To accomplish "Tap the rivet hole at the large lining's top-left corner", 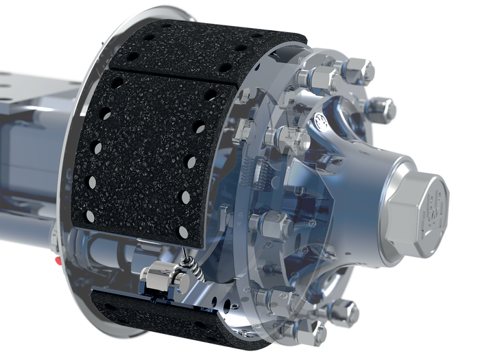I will point(117,83).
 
